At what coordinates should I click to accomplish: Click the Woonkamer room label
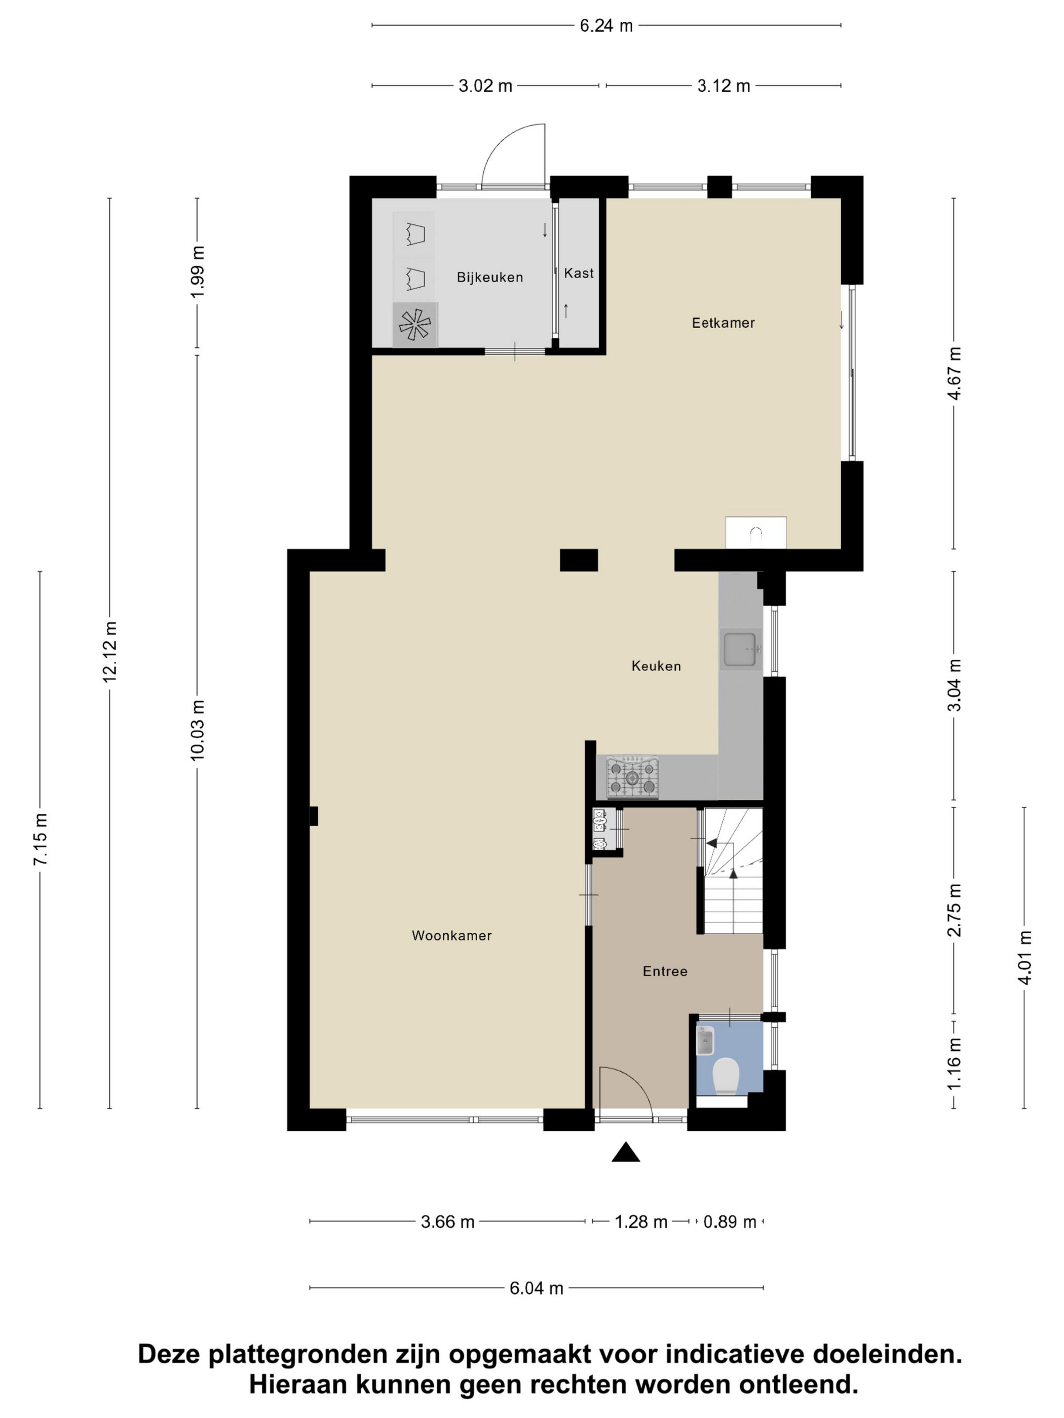click(451, 935)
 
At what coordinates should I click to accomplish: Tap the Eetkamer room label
click(723, 323)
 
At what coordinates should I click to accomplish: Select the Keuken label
click(656, 666)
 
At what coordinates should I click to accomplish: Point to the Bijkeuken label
click(490, 278)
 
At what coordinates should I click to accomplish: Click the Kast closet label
click(579, 273)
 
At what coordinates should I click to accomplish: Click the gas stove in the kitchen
click(632, 777)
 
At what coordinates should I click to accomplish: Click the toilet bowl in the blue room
click(726, 1075)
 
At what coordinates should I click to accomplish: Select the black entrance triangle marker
click(626, 1152)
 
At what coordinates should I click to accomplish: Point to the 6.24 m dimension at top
click(606, 26)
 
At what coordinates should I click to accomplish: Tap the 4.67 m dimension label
click(955, 373)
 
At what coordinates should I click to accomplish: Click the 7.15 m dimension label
click(41, 839)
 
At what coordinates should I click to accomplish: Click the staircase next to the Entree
click(734, 871)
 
